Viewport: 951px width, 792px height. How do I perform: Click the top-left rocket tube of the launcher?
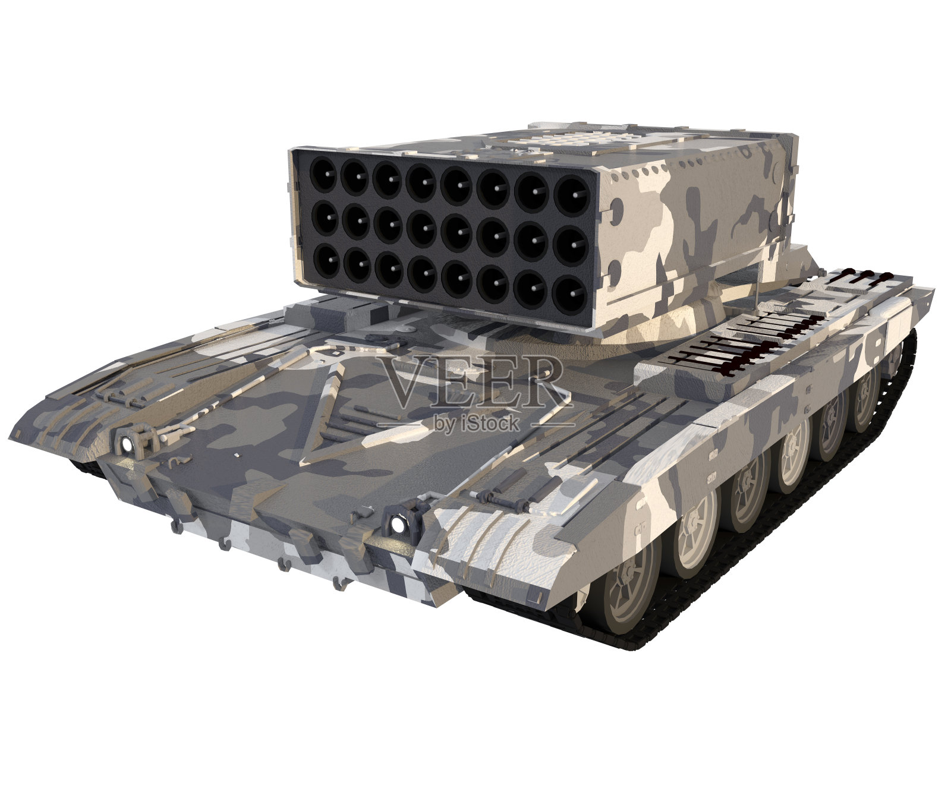pyautogui.click(x=324, y=174)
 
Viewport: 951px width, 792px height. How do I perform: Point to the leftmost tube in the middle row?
pyautogui.click(x=325, y=218)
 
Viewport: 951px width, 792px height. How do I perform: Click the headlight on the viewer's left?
pyautogui.click(x=126, y=443)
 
